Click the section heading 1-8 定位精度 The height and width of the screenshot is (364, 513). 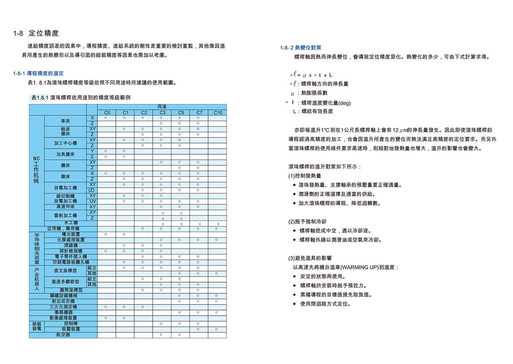[x=36, y=33]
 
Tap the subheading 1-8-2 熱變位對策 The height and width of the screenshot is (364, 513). [x=301, y=48]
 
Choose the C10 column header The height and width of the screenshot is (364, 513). [x=218, y=113]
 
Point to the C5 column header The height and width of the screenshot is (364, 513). [x=181, y=113]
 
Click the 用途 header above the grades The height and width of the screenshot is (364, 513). [x=162, y=106]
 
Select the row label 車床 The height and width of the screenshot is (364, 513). [x=65, y=121]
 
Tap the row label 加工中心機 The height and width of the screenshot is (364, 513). [x=65, y=143]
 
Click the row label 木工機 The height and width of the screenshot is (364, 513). [x=71, y=223]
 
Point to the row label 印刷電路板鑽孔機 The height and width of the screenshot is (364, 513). [x=71, y=262]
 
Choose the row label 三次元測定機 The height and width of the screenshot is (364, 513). [x=63, y=307]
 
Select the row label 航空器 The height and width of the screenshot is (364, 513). [x=63, y=335]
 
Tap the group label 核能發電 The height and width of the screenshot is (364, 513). [x=36, y=327]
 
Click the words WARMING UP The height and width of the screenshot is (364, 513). [x=363, y=267]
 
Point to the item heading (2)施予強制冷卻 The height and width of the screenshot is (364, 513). [x=307, y=222]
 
